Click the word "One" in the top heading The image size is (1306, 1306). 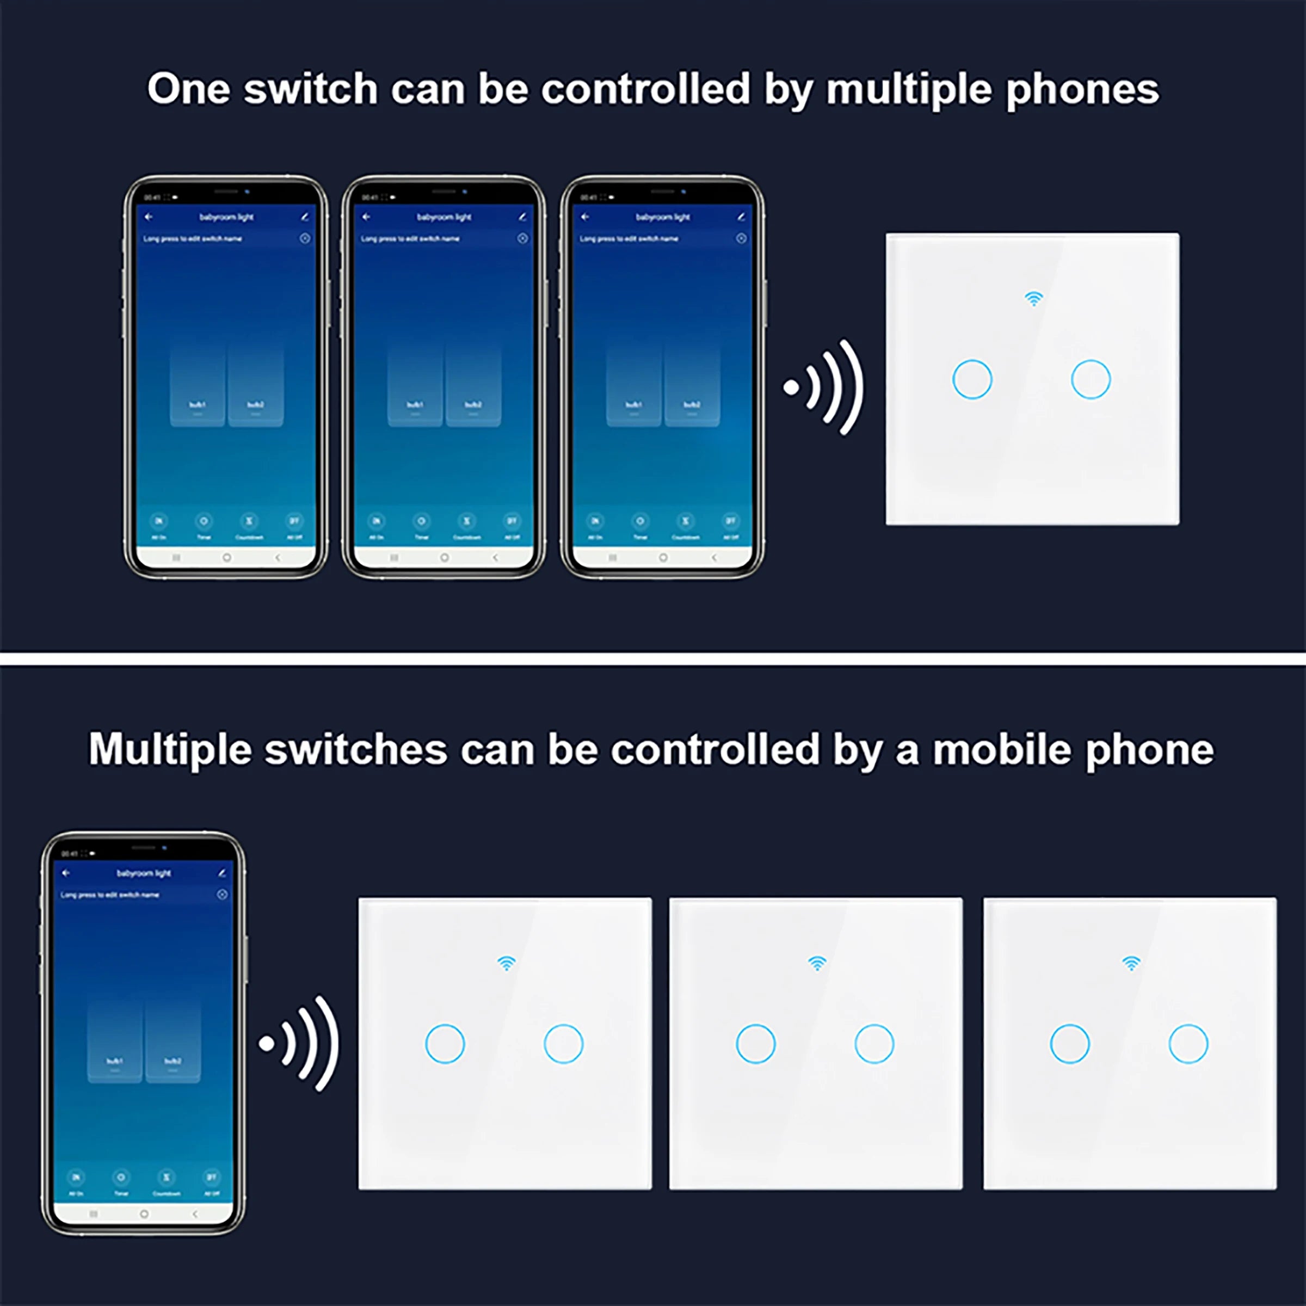[x=189, y=89]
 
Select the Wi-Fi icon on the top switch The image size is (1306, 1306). [x=1033, y=298]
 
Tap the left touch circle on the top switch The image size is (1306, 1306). [x=972, y=379]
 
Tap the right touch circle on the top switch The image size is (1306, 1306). [x=1091, y=379]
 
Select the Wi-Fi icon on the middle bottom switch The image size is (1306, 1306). [x=817, y=963]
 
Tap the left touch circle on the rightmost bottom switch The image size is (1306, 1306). [x=1069, y=1044]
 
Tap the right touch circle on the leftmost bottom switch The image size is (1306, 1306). [x=563, y=1044]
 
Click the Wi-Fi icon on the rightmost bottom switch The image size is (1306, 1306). [x=1131, y=963]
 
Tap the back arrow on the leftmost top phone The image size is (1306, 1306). [x=149, y=217]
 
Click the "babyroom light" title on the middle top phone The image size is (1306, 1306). [x=444, y=217]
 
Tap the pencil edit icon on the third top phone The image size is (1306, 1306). [x=741, y=217]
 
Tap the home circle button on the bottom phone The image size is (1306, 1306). [x=144, y=1214]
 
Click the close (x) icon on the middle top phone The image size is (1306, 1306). [x=522, y=239]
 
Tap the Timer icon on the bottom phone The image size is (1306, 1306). [x=121, y=1178]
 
